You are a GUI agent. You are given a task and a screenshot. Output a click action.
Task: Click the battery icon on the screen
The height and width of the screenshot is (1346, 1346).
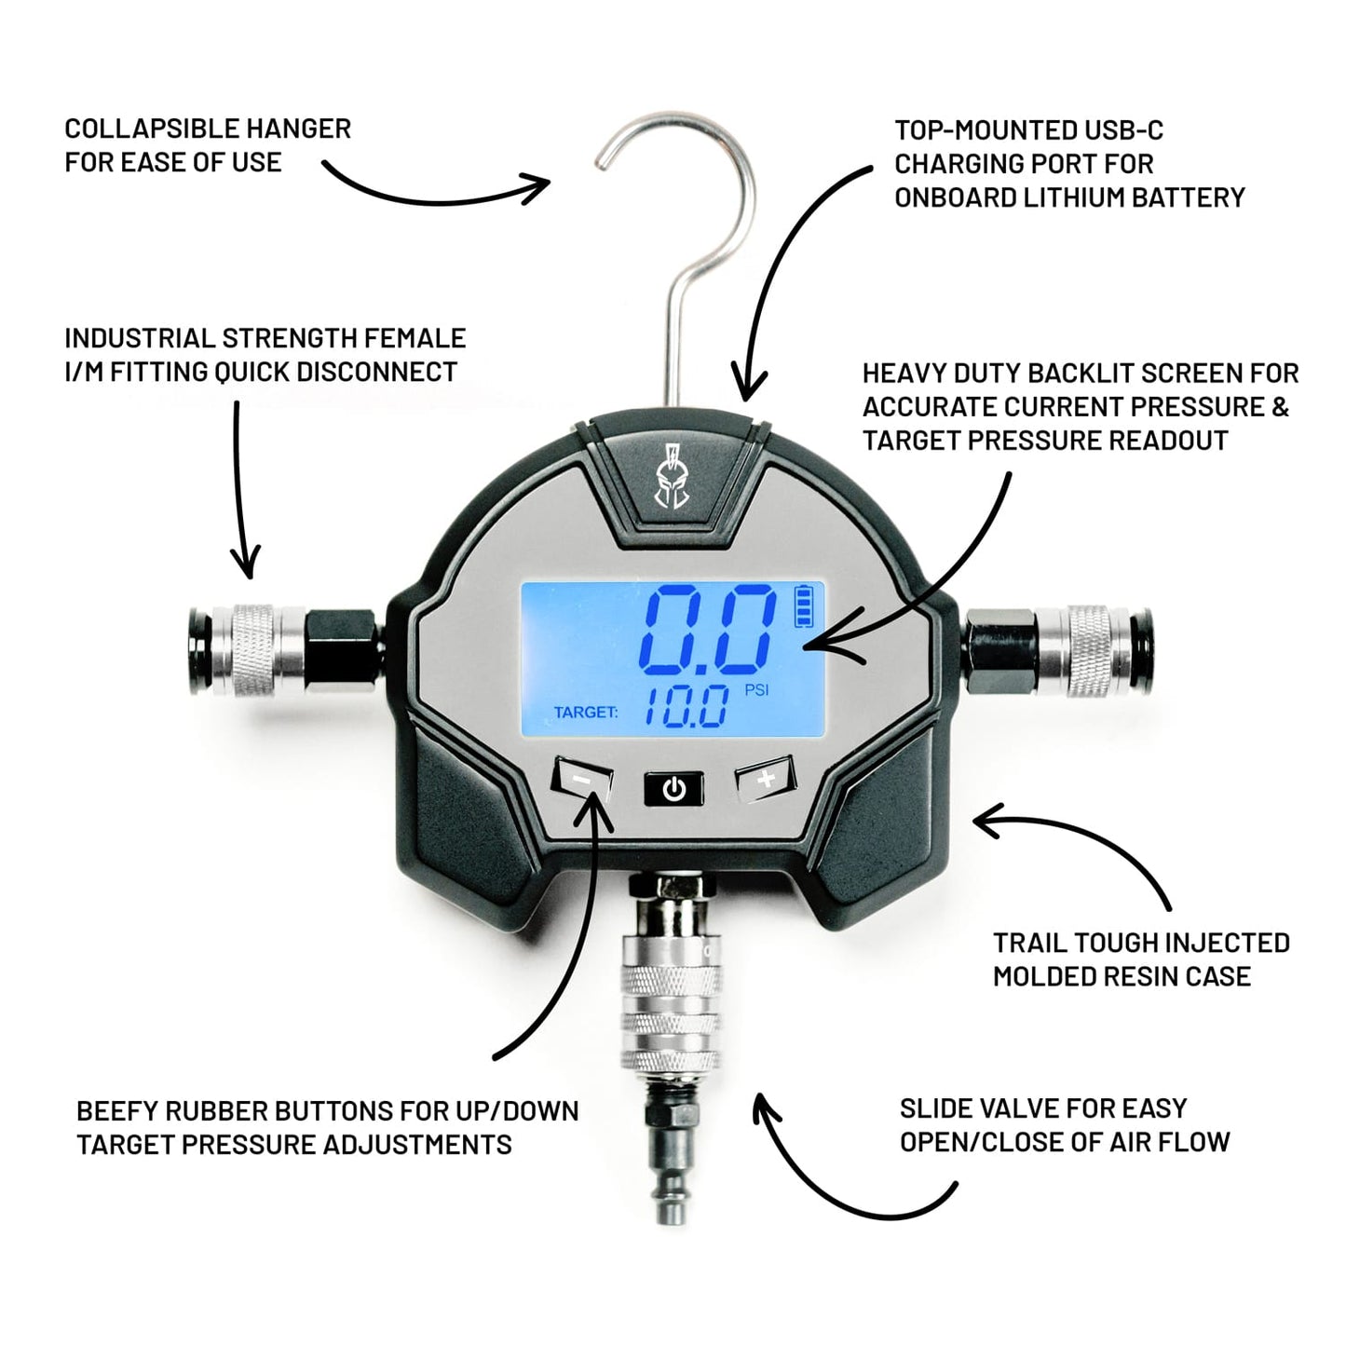(x=802, y=605)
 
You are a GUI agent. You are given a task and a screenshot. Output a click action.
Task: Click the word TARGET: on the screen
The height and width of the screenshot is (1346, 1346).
(x=586, y=713)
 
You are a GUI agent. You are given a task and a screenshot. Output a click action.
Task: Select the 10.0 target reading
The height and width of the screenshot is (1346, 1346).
(x=687, y=707)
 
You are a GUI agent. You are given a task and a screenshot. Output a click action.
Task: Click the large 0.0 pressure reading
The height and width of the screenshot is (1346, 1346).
(x=710, y=630)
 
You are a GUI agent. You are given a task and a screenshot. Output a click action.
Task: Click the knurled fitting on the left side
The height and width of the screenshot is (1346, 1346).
(x=253, y=650)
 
